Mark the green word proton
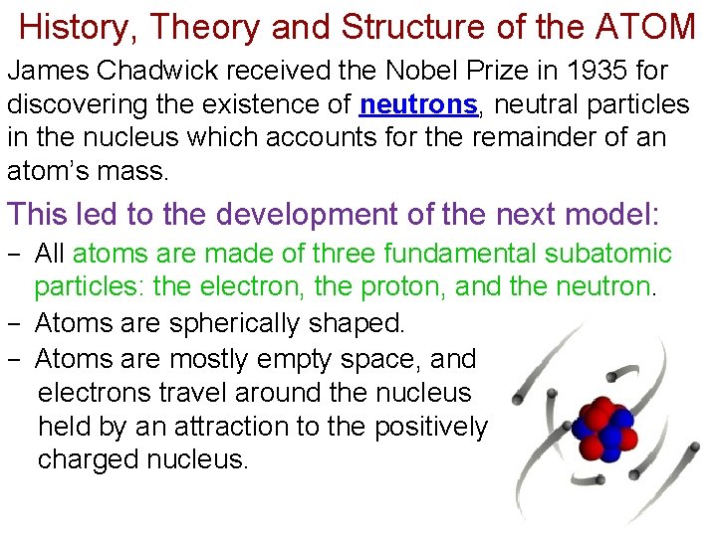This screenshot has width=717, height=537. [x=403, y=288]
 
